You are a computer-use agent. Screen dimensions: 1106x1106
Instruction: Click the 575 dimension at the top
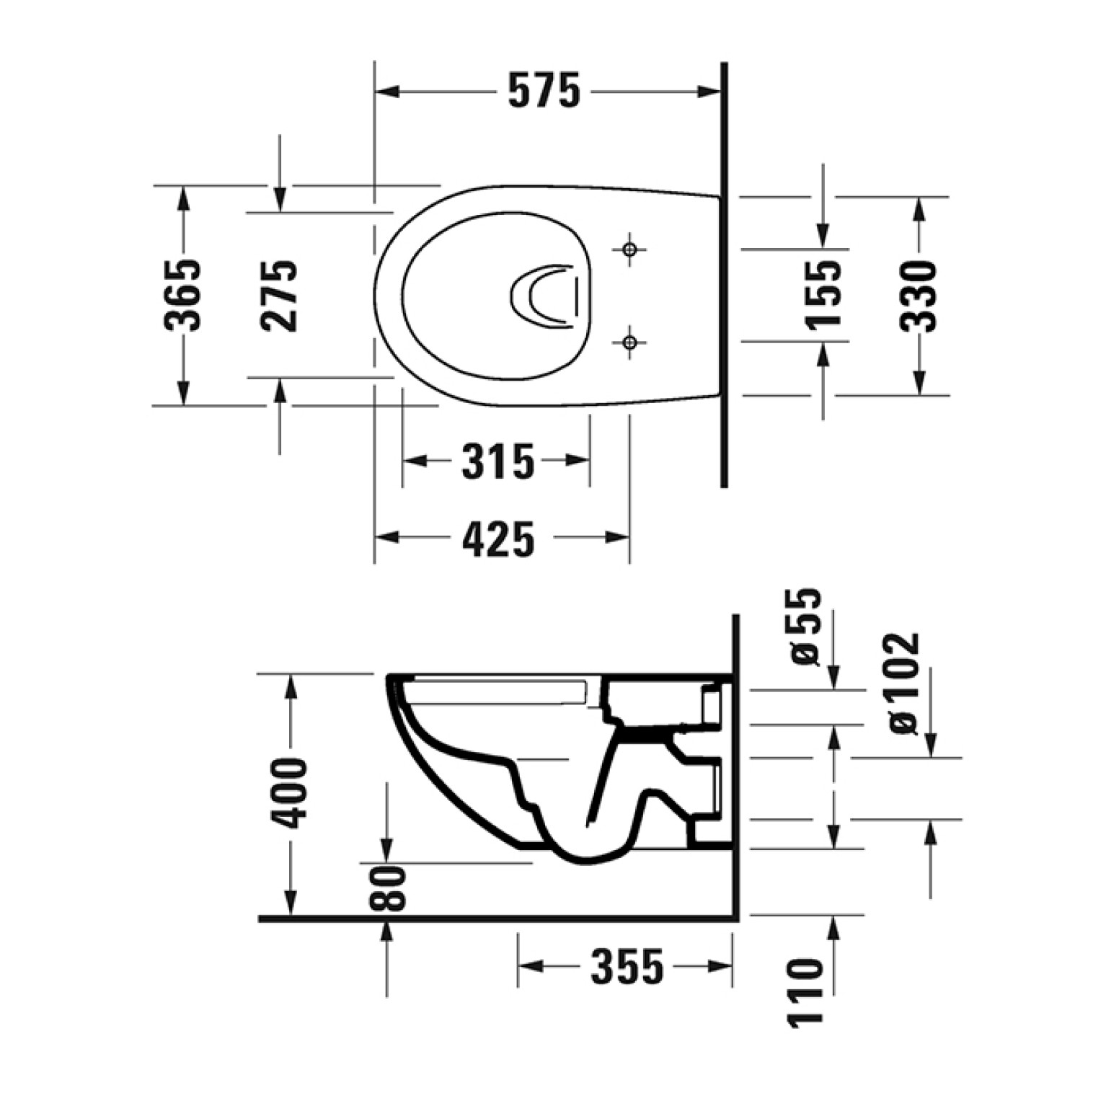(544, 92)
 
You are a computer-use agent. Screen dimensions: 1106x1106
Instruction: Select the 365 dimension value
(182, 294)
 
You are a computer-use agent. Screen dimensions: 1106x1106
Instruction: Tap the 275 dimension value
(279, 294)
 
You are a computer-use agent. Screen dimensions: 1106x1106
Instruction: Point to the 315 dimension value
(498, 461)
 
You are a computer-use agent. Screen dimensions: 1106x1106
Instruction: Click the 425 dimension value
(499, 539)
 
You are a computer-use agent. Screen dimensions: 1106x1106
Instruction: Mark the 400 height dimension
(290, 793)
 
